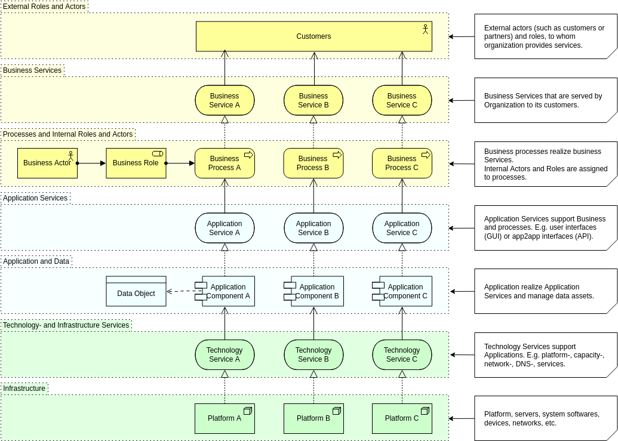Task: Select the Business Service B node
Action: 313,100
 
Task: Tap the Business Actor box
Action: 47,163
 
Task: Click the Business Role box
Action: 136,163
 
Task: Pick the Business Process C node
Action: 402,164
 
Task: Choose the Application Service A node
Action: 225,228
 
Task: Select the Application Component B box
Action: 316,291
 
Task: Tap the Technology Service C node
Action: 402,354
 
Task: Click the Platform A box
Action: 225,418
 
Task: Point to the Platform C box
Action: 402,418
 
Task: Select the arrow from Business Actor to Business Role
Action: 91,163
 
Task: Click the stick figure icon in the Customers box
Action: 425,29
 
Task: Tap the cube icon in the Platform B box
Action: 336,411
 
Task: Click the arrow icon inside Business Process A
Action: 248,155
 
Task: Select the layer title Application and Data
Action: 36,261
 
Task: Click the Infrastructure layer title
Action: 24,388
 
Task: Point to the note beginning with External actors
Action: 545,36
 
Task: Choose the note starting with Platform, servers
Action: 545,418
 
